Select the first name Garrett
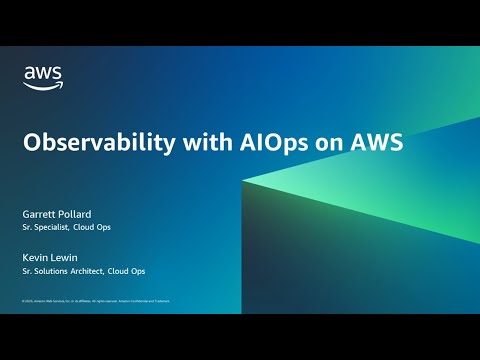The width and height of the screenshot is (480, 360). click(x=41, y=213)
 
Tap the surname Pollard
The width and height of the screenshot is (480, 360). click(x=81, y=213)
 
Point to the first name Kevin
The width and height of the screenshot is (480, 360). click(x=36, y=257)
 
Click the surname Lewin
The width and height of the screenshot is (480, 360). click(x=68, y=257)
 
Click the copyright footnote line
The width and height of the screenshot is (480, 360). click(x=95, y=300)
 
